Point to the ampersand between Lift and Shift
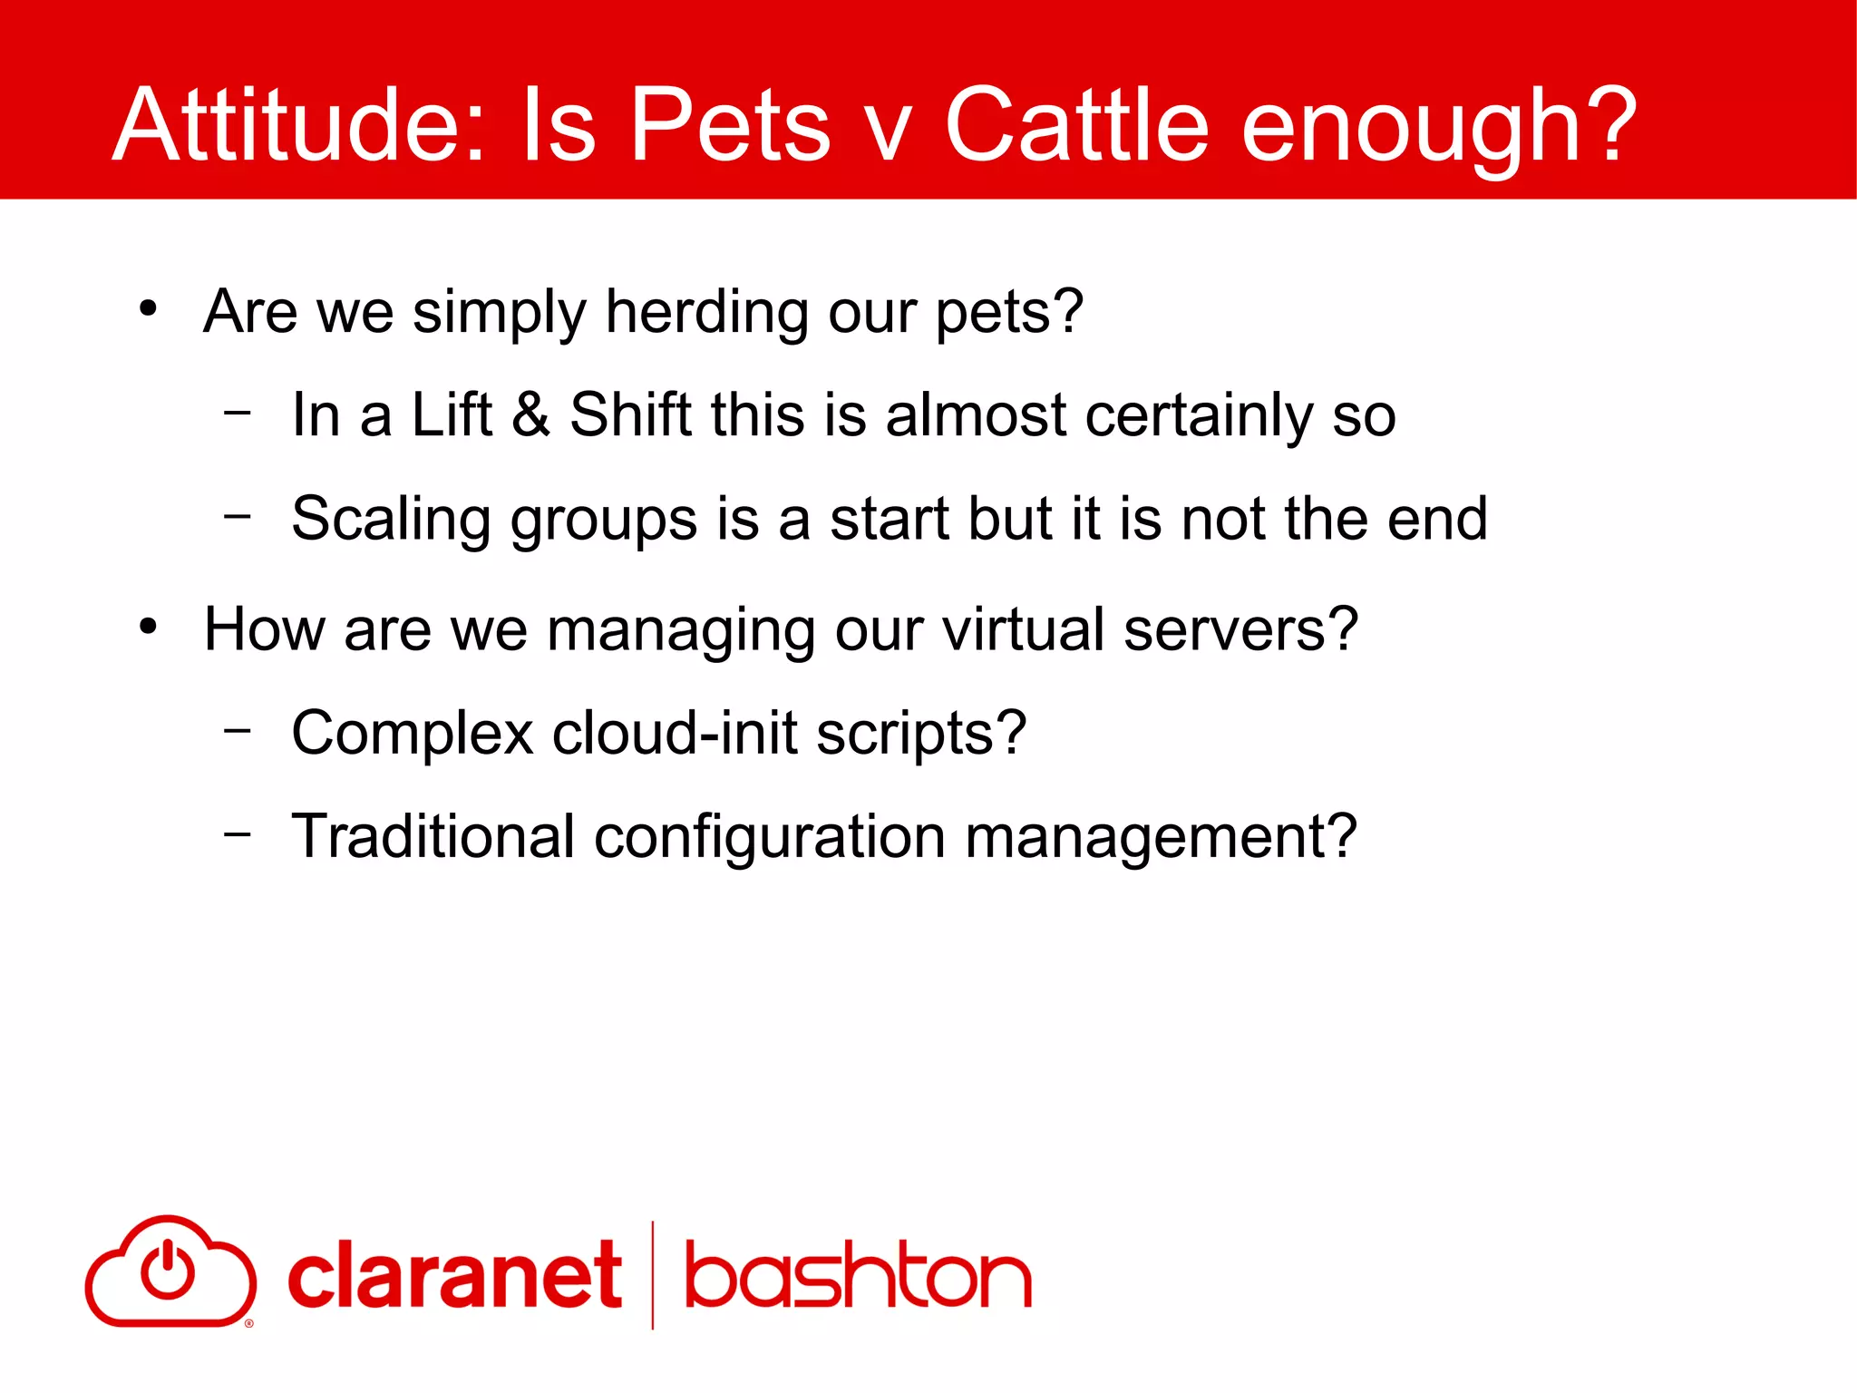point(530,414)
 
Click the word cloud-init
point(675,733)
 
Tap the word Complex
point(413,733)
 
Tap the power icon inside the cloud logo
point(168,1269)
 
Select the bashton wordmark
point(858,1276)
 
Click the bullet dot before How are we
point(149,627)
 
